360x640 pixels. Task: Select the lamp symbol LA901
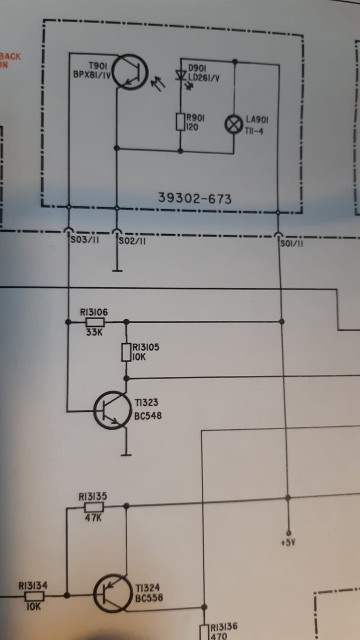[x=233, y=123]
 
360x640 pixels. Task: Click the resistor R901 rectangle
[x=180, y=122]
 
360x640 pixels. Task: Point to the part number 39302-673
[x=195, y=199]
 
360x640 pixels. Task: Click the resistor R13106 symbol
[x=95, y=322]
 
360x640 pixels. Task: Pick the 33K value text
[x=93, y=332]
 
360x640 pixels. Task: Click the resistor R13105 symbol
[x=126, y=352]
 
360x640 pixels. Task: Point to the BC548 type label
[x=147, y=416]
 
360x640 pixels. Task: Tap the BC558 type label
[x=148, y=598]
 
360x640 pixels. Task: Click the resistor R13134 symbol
[x=34, y=596]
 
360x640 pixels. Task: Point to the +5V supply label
[x=288, y=541]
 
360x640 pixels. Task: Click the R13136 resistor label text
[x=223, y=626]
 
